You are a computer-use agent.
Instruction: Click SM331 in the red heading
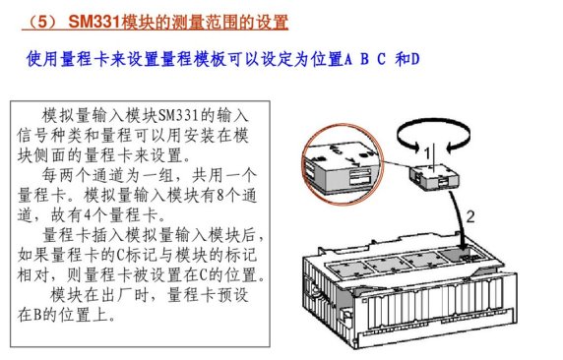(x=94, y=22)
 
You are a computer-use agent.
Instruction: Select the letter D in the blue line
(x=415, y=59)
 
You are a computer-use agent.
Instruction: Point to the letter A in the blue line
(x=347, y=59)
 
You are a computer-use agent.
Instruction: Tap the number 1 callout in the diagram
(x=427, y=153)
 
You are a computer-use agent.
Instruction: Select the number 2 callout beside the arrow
(x=470, y=216)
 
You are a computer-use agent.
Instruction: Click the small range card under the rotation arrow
(x=434, y=177)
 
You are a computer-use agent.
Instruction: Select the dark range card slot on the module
(x=464, y=255)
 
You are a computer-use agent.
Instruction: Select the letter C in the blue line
(x=381, y=59)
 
